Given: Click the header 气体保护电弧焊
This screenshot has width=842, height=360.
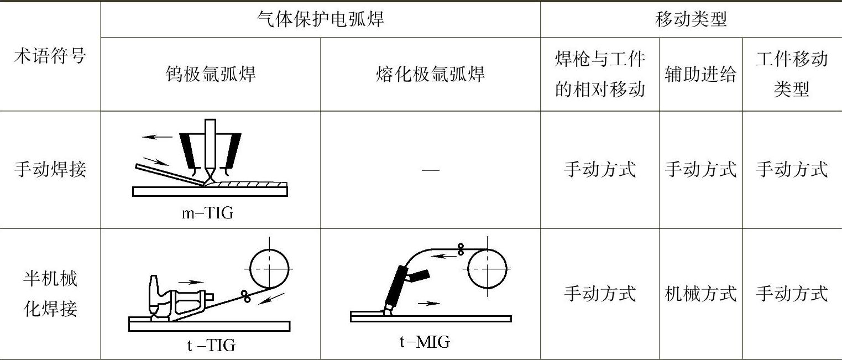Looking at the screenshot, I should (321, 20).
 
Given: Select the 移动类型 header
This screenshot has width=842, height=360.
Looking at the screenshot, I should (691, 20).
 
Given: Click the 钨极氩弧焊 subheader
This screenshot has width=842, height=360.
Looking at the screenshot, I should (211, 74).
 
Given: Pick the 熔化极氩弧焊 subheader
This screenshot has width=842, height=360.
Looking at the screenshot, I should (430, 74).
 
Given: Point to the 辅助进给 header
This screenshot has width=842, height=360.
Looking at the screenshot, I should (700, 74).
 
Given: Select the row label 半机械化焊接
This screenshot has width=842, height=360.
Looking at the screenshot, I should (50, 293).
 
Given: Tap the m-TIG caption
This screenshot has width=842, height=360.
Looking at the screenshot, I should (207, 213).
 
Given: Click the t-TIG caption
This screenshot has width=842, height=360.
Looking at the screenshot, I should (211, 346).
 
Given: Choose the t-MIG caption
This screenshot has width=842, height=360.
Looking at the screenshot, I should (425, 342).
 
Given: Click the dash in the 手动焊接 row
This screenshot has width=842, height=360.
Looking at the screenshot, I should (430, 169).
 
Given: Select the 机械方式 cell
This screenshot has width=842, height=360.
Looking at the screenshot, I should (700, 293).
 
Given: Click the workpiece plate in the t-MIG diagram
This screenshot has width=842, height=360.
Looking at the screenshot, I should (431, 319).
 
